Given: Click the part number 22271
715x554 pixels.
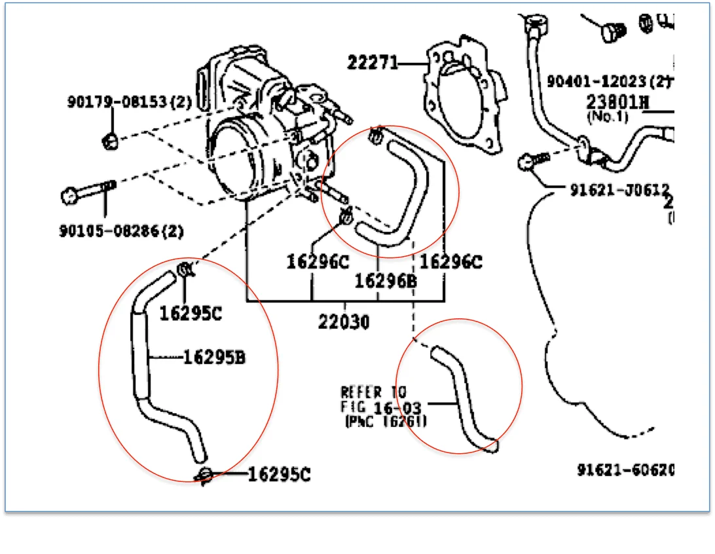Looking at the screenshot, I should [372, 63].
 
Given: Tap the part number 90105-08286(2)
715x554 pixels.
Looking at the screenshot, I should [122, 231].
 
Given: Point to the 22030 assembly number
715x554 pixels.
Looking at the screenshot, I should [344, 322].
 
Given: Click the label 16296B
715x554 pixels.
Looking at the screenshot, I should [386, 281].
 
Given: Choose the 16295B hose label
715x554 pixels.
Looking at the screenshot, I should [213, 358].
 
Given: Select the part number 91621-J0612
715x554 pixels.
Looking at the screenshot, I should [619, 189].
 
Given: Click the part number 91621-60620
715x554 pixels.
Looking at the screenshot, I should [625, 470].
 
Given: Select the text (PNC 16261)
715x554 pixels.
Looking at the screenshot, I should [386, 422].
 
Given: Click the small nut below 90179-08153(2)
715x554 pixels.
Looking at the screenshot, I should [111, 139].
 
